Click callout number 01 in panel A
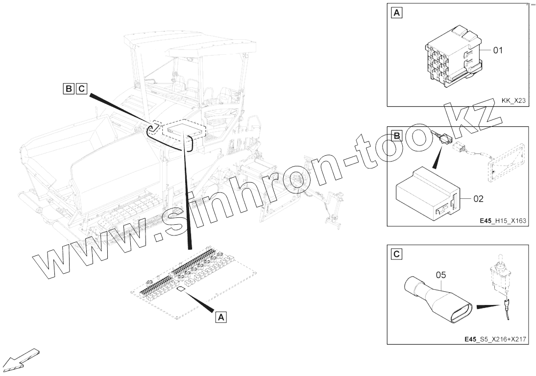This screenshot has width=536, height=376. coord(498,50)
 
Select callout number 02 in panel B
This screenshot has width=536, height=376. coord(478,199)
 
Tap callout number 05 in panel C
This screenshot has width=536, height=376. coord(440,275)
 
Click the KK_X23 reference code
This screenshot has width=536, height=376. coord(513,101)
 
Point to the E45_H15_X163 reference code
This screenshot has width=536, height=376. coord(503,221)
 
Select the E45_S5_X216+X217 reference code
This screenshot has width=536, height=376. coord(495,339)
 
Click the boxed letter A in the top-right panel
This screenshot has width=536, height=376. coord(396,13)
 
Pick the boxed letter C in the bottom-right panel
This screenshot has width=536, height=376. coord(396,254)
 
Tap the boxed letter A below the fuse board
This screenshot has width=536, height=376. coord(221,317)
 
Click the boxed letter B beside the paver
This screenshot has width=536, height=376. coord(69,89)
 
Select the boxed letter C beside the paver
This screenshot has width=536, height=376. coord(81,89)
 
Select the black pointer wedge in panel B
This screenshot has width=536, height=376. coord(438,156)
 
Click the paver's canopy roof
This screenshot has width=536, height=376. coord(190,45)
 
